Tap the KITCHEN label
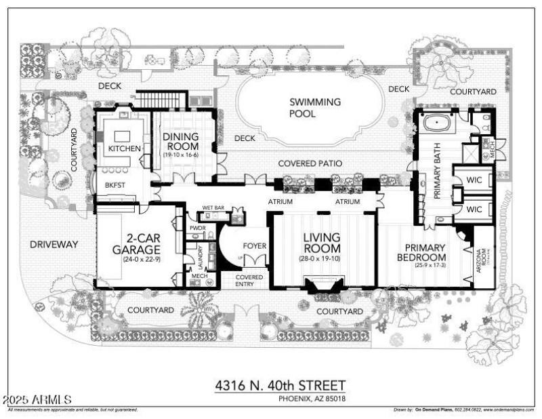(125, 148)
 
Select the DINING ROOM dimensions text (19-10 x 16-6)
(181, 155)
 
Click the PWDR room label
(198, 229)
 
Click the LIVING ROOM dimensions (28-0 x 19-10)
(323, 260)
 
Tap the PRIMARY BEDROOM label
(425, 253)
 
